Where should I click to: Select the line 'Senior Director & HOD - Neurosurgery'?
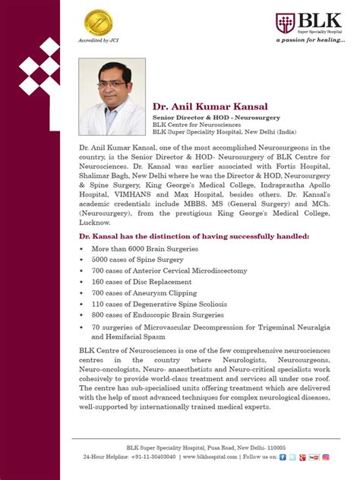tap(216, 118)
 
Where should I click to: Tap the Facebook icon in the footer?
tap(283, 457)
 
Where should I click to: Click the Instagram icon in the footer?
tap(325, 457)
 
